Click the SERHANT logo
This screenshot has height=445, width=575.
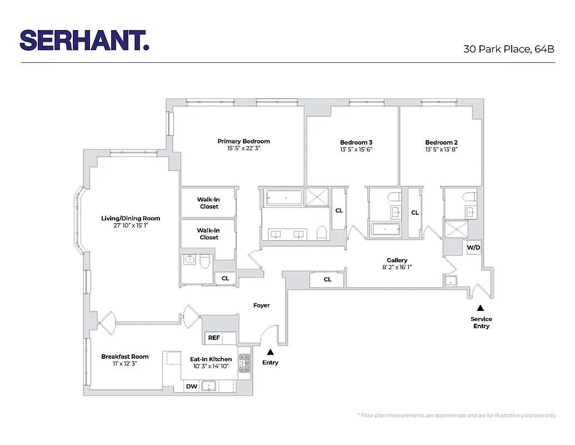tap(84, 40)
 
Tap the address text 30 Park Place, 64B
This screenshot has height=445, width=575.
tap(509, 49)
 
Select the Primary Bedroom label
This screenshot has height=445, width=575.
tap(243, 141)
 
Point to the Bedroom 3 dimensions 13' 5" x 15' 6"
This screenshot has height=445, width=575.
tap(356, 150)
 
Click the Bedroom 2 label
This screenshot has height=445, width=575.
tap(441, 142)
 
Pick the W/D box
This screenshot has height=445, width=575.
tap(473, 247)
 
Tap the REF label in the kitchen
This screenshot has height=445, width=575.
tap(214, 338)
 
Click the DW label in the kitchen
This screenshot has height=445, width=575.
tap(191, 386)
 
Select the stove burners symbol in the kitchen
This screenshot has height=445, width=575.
tap(244, 363)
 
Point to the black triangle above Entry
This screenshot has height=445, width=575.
tap(271, 352)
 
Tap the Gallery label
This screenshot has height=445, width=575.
tap(397, 260)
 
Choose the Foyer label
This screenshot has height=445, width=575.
tap(261, 305)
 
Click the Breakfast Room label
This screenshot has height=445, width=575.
tap(124, 357)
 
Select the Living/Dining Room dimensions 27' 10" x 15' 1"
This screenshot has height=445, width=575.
tap(130, 225)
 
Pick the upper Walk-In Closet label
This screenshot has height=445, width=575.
tap(209, 202)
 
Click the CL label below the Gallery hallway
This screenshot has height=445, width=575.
tap(327, 279)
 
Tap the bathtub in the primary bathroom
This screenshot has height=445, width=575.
tap(283, 197)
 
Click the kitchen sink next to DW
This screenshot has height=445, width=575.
tap(209, 385)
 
